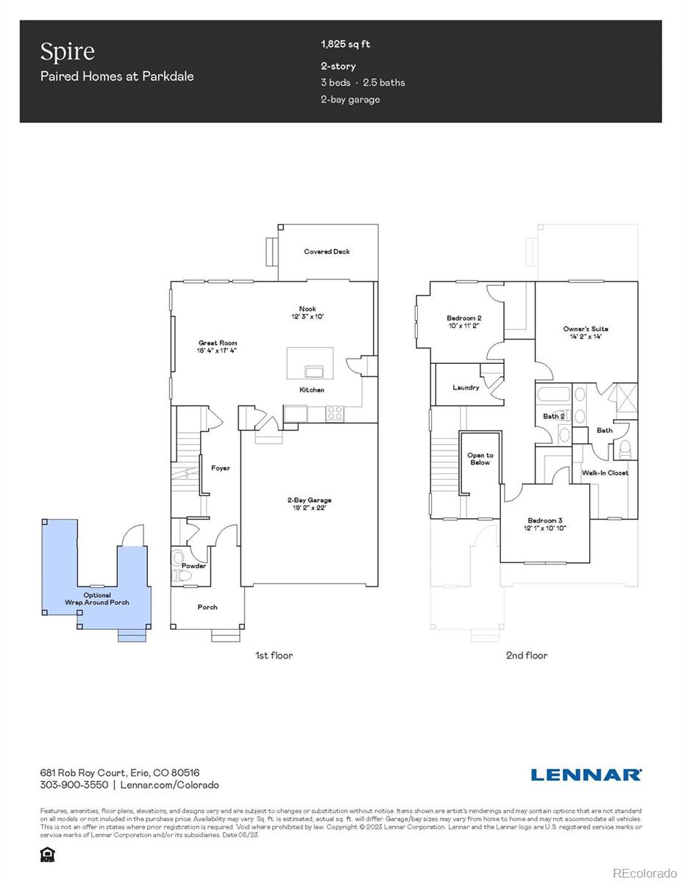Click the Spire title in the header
click(x=67, y=51)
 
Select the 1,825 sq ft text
click(x=345, y=44)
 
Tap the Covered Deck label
click(x=327, y=251)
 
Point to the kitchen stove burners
click(x=335, y=414)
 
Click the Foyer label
click(x=220, y=468)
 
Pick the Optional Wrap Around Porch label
click(x=97, y=599)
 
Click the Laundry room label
click(x=466, y=387)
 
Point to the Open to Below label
click(x=480, y=459)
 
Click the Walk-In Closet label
click(x=605, y=473)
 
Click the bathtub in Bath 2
click(x=552, y=395)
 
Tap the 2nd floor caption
click(x=526, y=655)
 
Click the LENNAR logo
click(x=586, y=775)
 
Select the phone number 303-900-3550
click(x=74, y=785)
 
